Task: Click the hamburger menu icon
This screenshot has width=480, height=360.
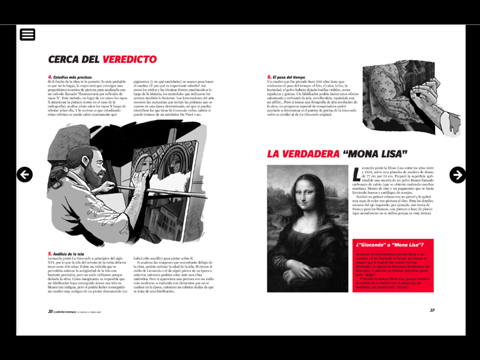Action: click(28, 34)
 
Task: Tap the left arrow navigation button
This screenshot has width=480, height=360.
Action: click(25, 174)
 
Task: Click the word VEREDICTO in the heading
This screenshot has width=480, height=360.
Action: click(130, 60)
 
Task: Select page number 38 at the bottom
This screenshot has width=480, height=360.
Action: click(50, 311)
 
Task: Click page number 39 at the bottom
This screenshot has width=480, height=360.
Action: click(432, 310)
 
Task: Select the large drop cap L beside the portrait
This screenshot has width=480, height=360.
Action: click(357, 173)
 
